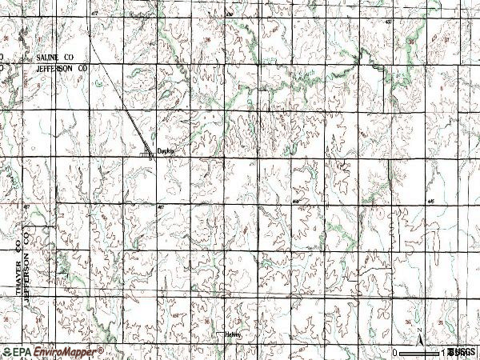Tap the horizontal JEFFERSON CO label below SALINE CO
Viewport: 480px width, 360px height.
[59, 70]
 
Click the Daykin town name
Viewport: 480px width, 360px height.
[165, 150]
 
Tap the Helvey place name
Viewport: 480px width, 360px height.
[234, 335]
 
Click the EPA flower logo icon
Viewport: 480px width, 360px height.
[6, 352]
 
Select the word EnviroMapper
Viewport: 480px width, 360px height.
[68, 352]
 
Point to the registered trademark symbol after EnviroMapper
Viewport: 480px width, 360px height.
[101, 349]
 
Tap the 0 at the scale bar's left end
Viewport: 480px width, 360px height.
[395, 353]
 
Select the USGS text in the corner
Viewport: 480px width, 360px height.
[462, 352]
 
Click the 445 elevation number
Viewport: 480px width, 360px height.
[432, 201]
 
